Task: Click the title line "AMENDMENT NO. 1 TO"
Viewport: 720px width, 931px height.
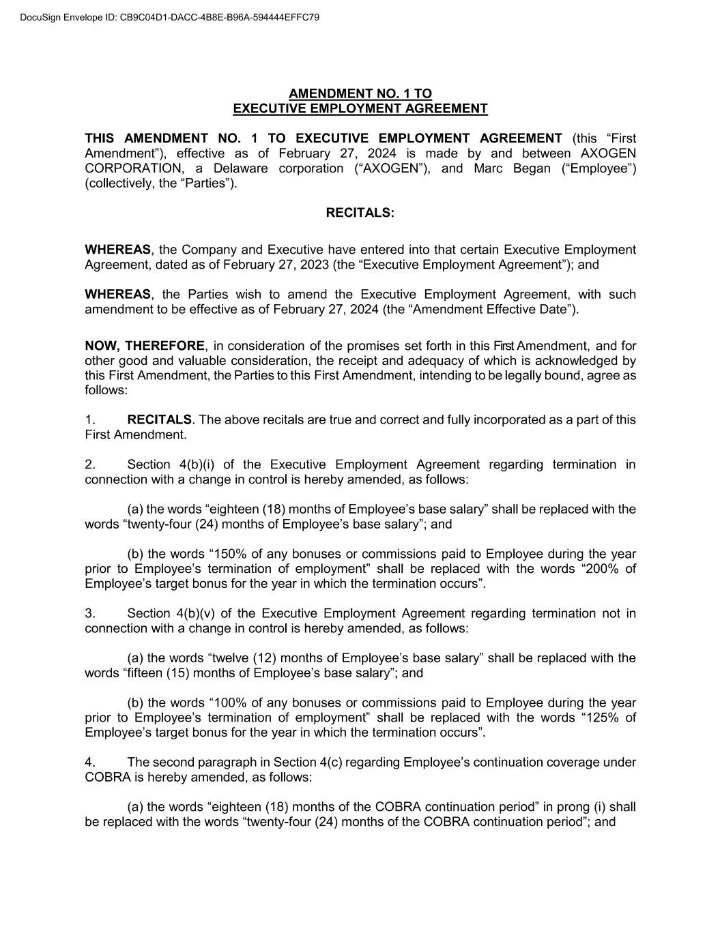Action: point(360,93)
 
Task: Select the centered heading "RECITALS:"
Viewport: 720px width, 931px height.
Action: point(360,213)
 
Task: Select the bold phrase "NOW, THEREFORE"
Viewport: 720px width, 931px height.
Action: point(144,346)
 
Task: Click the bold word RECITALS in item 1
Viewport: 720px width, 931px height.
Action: point(160,419)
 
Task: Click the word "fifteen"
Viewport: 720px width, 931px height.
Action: point(146,673)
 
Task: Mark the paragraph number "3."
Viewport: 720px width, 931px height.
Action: point(90,613)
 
